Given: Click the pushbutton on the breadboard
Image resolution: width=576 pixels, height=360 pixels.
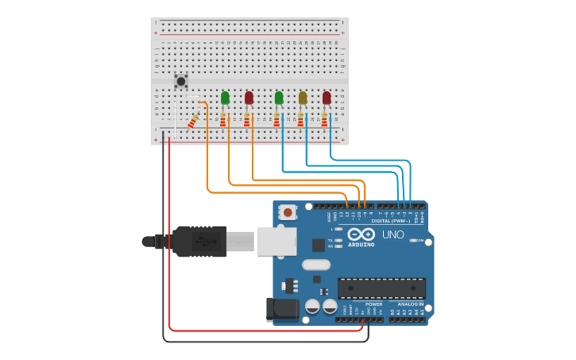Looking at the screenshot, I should click(181, 80).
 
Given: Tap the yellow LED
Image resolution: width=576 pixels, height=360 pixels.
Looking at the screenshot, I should click(303, 98).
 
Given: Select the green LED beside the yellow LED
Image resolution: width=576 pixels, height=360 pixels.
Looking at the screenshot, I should click(279, 98).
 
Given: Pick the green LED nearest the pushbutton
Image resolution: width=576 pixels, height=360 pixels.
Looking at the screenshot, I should click(225, 98).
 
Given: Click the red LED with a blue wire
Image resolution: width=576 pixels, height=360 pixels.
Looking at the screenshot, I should click(327, 98).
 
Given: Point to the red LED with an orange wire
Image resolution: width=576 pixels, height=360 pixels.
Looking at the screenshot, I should click(249, 98).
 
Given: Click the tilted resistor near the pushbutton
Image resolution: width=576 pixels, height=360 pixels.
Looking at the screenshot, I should click(193, 121).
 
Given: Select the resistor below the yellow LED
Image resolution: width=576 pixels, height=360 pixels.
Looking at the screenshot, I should click(300, 119).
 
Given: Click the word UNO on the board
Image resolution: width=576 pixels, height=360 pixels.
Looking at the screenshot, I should click(393, 235).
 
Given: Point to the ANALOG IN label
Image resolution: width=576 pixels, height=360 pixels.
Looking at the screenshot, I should click(410, 304).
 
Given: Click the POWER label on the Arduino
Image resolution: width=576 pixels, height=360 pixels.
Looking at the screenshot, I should click(373, 304).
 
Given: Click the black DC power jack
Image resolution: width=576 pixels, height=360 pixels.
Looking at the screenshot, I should click(283, 309).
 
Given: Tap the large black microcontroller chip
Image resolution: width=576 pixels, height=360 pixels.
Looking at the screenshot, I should click(381, 288).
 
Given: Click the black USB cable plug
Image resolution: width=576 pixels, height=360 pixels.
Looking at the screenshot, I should click(199, 241).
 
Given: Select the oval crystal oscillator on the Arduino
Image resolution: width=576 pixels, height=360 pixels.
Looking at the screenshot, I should click(315, 265).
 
